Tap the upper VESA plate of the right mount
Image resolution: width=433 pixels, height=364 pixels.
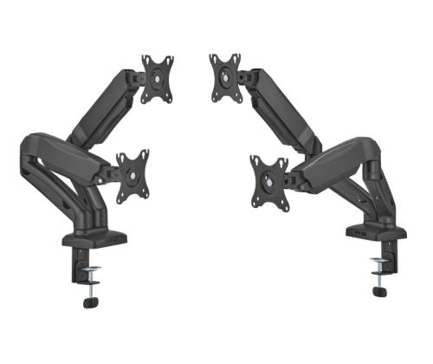(x=224, y=75)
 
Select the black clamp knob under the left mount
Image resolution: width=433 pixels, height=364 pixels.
(x=91, y=302)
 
